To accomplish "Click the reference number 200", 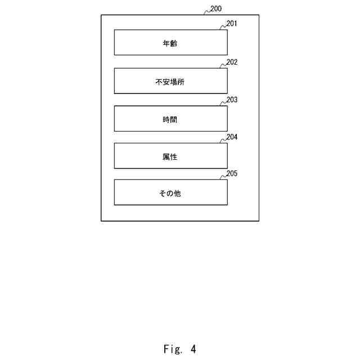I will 215,9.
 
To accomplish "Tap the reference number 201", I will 232,24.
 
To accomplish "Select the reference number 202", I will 232,62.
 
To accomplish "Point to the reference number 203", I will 232,100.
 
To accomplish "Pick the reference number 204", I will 232,137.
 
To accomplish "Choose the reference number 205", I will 232,173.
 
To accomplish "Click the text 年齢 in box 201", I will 170,43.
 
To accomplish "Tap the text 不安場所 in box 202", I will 170,81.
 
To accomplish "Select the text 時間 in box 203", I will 170,119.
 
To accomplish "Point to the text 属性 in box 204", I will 170,156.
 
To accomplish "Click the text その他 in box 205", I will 170,193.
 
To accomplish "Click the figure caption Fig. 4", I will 180,349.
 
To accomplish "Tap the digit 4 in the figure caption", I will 193,349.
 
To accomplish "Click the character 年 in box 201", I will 166,43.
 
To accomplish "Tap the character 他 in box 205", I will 177,193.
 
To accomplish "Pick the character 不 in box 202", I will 159,81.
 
